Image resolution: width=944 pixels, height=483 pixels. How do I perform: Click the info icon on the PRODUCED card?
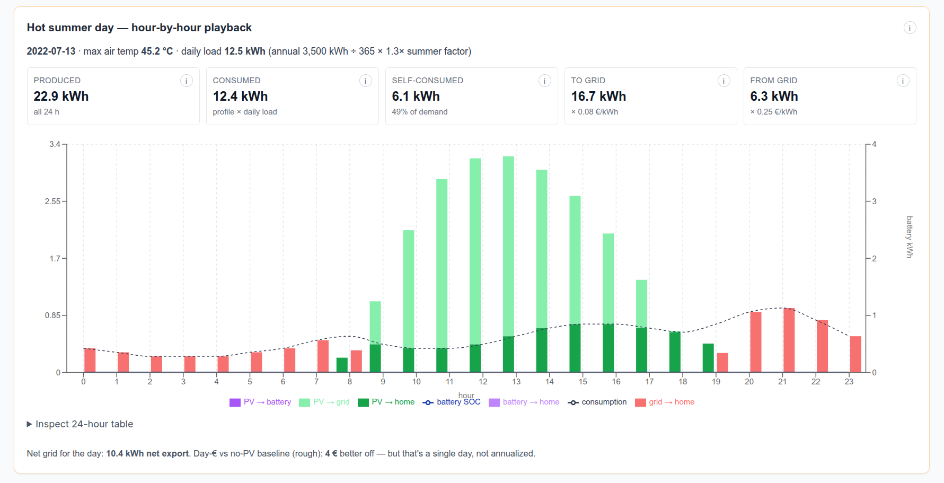click(x=186, y=81)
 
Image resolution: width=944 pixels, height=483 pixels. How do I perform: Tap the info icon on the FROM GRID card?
click(x=903, y=81)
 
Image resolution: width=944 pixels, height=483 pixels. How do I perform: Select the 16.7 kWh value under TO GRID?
click(x=598, y=96)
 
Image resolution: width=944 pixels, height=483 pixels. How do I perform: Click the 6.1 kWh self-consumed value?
click(x=416, y=96)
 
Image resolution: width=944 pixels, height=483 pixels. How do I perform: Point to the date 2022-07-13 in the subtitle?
click(x=51, y=51)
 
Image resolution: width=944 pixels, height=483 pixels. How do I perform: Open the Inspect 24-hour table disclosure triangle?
click(x=30, y=424)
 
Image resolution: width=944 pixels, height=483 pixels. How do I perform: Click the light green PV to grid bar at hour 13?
click(x=508, y=246)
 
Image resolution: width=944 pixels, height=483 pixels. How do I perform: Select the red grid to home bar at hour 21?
click(x=789, y=340)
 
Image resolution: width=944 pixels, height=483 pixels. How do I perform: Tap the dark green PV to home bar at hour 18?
click(x=675, y=352)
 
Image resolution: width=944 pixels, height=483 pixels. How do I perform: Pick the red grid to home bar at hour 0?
click(x=90, y=361)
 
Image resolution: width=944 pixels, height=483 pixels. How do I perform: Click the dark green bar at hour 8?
click(x=342, y=365)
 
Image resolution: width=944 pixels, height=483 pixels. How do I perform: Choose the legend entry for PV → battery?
click(x=260, y=402)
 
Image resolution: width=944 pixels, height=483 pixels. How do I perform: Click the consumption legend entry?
click(x=597, y=402)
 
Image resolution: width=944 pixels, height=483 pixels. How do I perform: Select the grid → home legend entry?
click(x=665, y=402)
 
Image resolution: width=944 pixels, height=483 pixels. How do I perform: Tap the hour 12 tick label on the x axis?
click(x=483, y=382)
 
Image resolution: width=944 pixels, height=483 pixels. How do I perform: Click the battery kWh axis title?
click(x=910, y=237)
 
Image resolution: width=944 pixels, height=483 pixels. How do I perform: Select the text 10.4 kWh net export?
click(x=147, y=454)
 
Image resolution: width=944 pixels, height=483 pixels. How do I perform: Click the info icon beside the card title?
click(x=910, y=28)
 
